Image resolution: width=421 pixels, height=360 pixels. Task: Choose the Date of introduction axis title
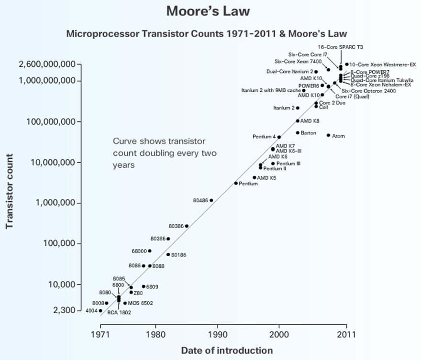(x=227, y=350)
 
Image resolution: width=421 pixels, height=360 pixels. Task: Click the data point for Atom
(x=328, y=135)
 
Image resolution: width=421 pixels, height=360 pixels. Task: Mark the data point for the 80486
(x=211, y=200)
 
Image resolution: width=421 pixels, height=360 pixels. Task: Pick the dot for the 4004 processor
(x=100, y=311)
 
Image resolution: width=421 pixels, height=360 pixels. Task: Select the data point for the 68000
(x=150, y=251)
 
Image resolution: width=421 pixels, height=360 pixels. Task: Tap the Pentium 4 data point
(x=279, y=137)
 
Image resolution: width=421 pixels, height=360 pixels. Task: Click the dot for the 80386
(x=187, y=226)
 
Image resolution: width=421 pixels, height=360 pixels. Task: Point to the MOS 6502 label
(x=141, y=303)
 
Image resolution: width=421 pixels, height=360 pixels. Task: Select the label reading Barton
(x=309, y=133)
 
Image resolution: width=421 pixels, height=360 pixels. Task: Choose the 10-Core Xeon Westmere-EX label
(x=383, y=64)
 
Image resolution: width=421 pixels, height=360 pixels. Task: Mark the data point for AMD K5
(x=255, y=177)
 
